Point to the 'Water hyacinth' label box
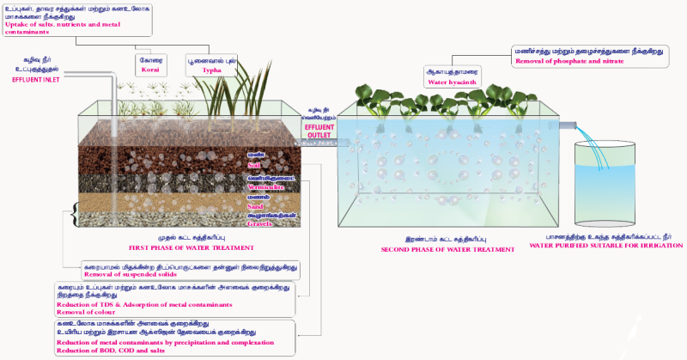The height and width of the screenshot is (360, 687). (451, 76)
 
